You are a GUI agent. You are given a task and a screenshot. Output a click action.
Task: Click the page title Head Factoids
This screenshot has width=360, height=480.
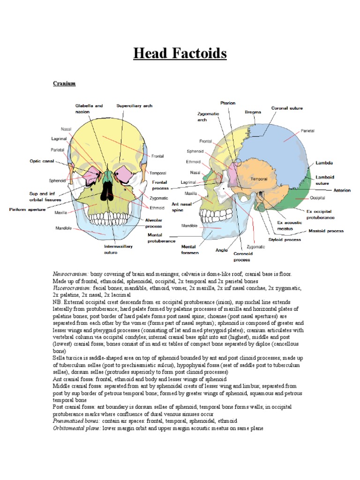point(180,53)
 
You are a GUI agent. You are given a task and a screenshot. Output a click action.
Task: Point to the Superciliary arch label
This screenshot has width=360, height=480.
point(134,106)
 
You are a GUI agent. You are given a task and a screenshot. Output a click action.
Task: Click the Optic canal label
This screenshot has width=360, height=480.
point(42,161)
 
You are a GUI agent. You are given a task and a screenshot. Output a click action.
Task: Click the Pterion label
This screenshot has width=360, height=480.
point(228,103)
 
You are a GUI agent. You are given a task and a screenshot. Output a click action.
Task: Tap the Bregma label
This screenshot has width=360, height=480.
point(253,112)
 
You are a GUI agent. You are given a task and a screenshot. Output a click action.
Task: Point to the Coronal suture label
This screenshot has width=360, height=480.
point(287,108)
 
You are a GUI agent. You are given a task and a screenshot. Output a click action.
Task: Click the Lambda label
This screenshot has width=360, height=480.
point(324,163)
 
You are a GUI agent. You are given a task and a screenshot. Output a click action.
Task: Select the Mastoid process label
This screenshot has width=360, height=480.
point(326,231)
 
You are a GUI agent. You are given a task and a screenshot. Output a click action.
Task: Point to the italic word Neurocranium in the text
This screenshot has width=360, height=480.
point(70,273)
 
